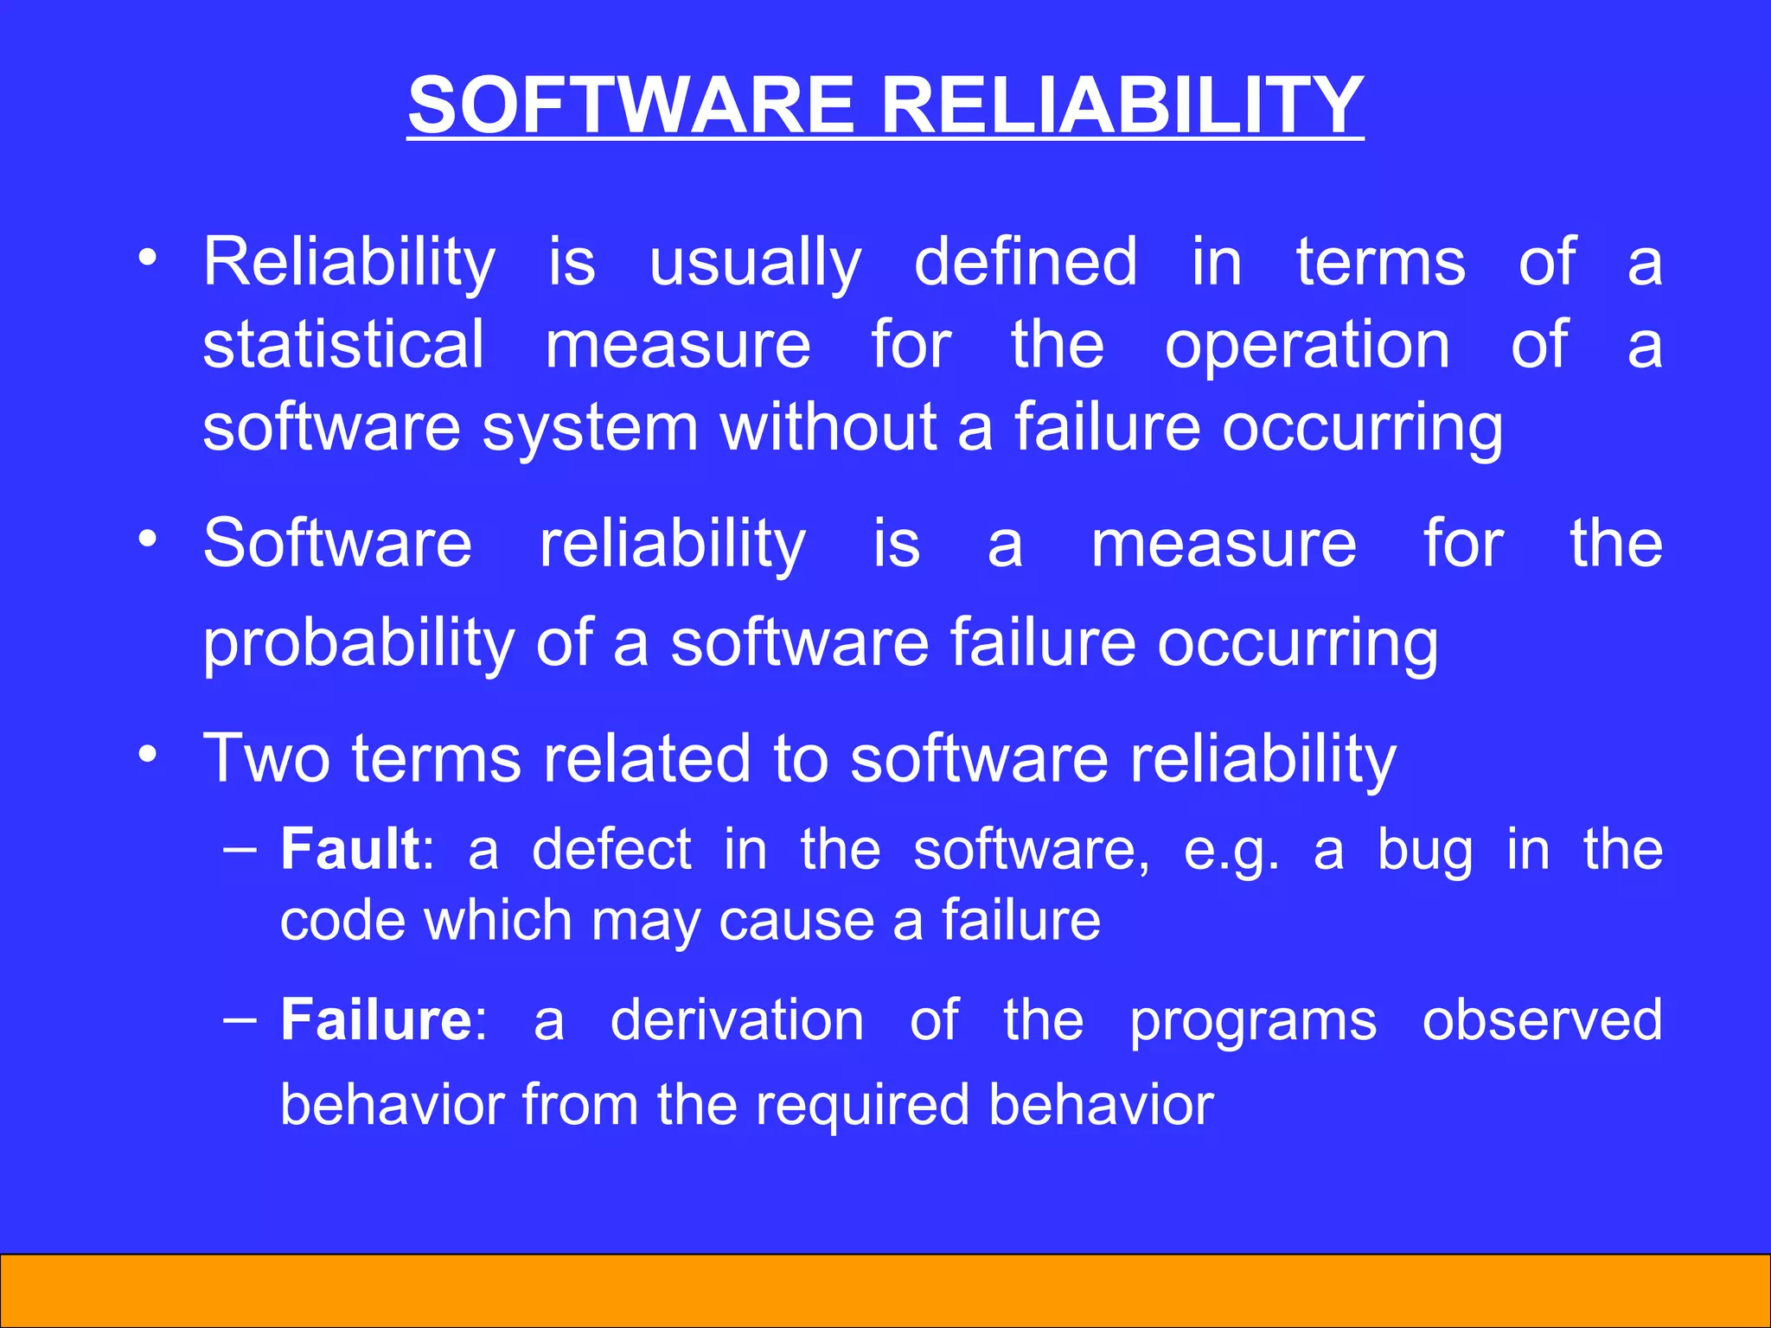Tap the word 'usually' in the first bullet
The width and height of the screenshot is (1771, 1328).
[x=755, y=263]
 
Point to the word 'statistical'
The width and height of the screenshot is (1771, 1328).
[x=343, y=344]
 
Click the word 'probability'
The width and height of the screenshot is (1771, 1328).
[x=359, y=644]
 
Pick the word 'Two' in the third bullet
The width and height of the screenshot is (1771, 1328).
[x=266, y=758]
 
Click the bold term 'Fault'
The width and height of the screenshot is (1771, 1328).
[x=350, y=849]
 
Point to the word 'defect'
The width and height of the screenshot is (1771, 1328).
[x=611, y=849]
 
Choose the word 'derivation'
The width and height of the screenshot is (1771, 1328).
[x=737, y=1020]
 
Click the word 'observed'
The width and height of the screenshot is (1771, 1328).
[x=1542, y=1020]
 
